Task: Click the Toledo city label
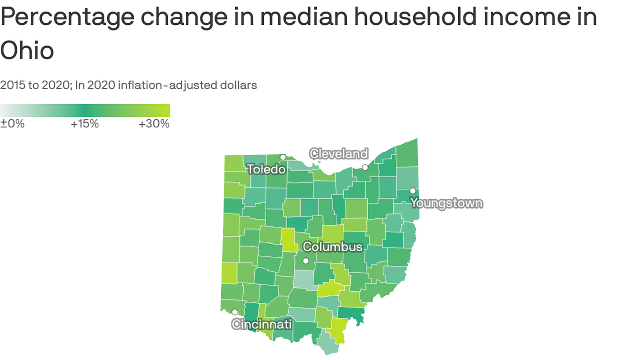[266, 169]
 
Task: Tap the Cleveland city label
[339, 154]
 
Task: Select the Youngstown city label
[446, 203]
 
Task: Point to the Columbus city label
[333, 247]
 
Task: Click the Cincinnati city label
[262, 324]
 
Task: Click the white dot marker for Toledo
[283, 157]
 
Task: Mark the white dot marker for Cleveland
[365, 167]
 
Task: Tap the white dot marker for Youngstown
[413, 191]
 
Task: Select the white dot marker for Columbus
[306, 261]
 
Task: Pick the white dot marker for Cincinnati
[235, 312]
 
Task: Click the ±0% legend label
[12, 124]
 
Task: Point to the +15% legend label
[85, 124]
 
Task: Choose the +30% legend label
[154, 124]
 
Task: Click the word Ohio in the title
[27, 50]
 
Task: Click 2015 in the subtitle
[13, 85]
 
